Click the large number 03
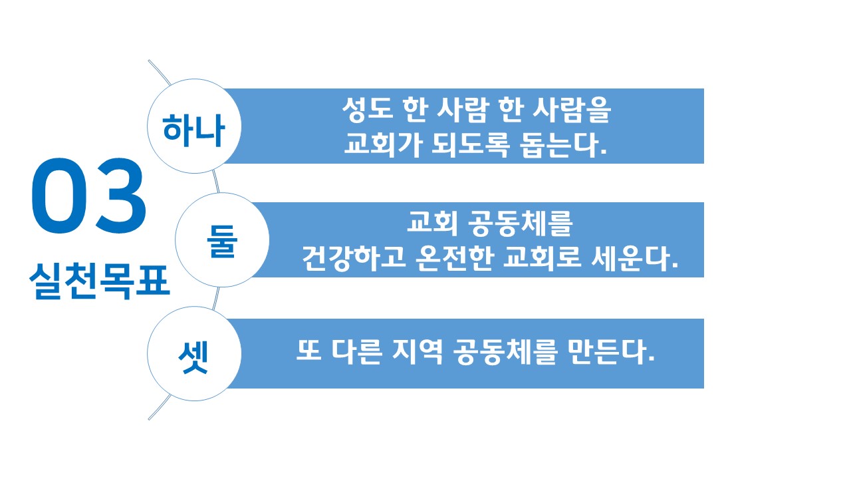click(x=88, y=196)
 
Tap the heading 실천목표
click(x=100, y=281)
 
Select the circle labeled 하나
click(x=194, y=126)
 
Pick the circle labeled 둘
click(x=222, y=240)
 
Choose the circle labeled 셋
click(x=194, y=353)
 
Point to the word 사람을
click(x=572, y=110)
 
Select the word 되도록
click(x=470, y=145)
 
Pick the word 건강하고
click(x=353, y=259)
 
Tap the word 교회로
click(x=542, y=259)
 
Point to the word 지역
click(x=418, y=352)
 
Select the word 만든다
click(x=612, y=352)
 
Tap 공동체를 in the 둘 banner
click(x=520, y=224)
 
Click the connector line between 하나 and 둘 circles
click(x=216, y=182)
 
